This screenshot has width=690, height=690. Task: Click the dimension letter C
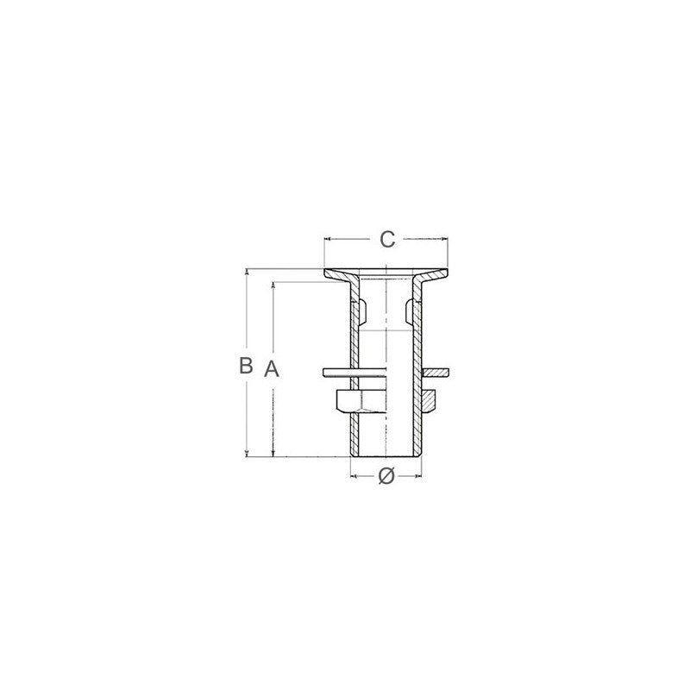click(x=387, y=240)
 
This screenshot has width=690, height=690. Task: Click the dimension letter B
click(x=246, y=365)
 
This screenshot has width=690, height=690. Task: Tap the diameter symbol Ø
click(x=386, y=476)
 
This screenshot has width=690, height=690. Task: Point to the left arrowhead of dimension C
click(x=328, y=239)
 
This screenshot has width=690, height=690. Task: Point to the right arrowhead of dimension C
click(x=444, y=239)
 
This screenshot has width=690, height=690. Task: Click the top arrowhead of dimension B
click(x=247, y=272)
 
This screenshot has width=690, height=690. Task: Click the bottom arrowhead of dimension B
click(x=247, y=454)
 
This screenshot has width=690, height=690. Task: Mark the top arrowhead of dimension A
click(x=273, y=285)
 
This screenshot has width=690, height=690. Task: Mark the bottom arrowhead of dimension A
click(x=273, y=454)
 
